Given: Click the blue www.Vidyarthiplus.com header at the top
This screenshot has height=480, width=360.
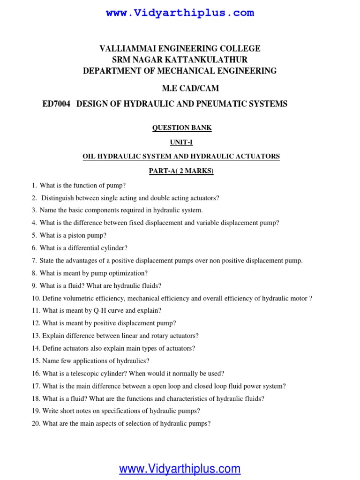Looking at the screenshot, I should pos(180,13).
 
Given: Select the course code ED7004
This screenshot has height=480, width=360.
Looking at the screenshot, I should pos(56,104).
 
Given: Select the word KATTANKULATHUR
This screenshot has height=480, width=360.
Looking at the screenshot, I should pos(206,60).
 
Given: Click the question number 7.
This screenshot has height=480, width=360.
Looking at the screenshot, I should pos(34,261).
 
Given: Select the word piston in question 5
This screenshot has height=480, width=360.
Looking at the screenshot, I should pos(76,235).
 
